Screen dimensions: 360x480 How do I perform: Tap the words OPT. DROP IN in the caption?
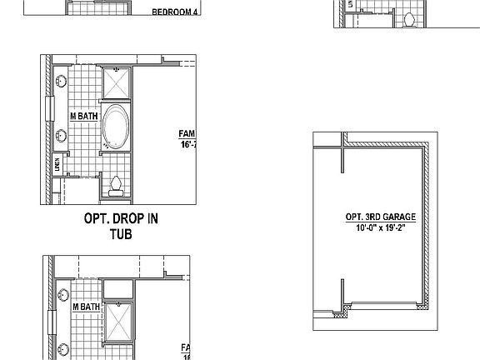(x=121, y=219)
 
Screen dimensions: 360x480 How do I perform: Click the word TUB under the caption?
(x=121, y=234)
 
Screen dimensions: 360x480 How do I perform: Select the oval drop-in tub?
(x=115, y=127)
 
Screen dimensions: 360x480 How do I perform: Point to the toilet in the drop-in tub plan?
(x=116, y=185)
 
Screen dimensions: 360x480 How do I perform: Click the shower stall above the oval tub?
(x=115, y=83)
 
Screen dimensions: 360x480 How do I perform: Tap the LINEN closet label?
(x=57, y=165)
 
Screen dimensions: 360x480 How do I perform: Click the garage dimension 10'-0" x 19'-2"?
(x=380, y=227)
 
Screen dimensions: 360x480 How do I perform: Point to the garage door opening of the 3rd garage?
(x=383, y=304)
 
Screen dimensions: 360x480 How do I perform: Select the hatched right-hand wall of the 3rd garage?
(x=426, y=225)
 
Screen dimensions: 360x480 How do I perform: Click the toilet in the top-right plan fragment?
(x=409, y=18)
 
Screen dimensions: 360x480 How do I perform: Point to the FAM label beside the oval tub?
(x=187, y=133)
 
